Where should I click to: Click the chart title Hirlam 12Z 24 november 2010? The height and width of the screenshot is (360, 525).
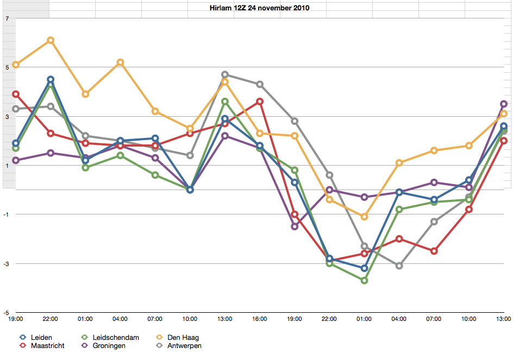[259, 8]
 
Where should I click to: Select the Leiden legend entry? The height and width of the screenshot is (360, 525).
[36, 337]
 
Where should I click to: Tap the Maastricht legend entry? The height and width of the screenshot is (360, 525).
[42, 346]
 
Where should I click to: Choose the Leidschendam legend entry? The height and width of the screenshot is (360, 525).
[110, 337]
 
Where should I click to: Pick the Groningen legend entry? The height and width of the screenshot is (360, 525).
[104, 346]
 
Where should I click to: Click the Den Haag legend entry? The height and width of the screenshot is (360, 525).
[178, 337]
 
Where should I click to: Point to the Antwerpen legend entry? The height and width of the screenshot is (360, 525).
[179, 346]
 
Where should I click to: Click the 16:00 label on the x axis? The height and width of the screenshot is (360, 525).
[259, 319]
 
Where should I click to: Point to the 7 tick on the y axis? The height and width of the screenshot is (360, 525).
[8, 18]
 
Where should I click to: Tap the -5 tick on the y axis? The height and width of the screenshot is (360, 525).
[7, 313]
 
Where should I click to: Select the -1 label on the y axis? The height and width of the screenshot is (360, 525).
[7, 214]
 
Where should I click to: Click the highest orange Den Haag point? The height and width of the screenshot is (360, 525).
[51, 40]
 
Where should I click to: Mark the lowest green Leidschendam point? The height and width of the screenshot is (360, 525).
[364, 280]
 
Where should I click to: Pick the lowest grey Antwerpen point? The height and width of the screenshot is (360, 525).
[399, 266]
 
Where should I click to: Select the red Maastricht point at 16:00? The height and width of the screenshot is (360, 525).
[259, 102]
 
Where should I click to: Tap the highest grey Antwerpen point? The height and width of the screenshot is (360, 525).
[224, 74]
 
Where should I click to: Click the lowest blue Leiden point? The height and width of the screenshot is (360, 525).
[364, 268]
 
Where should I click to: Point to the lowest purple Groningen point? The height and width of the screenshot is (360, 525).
[295, 226]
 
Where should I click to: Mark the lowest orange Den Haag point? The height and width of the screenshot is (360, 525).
[364, 217]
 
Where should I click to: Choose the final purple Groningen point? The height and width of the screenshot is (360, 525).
[504, 104]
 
